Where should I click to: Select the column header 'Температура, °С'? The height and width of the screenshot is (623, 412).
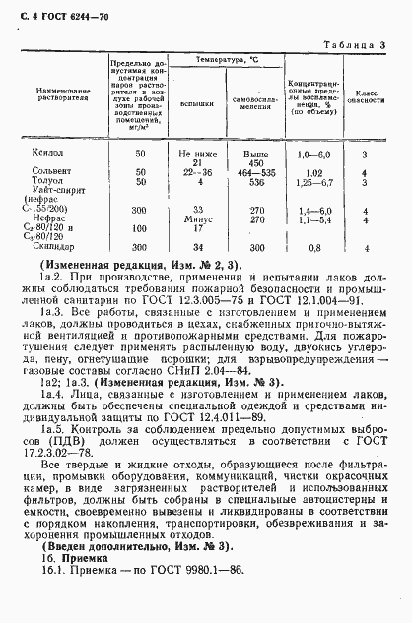pos(224,61)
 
